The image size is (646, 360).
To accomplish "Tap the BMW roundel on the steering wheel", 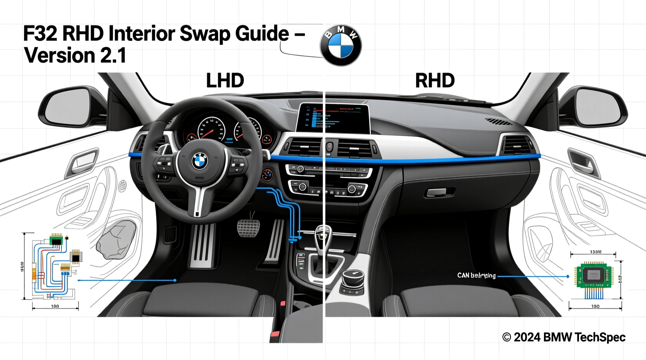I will pyautogui.click(x=200, y=161).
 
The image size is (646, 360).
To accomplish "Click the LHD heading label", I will pyautogui.click(x=225, y=81).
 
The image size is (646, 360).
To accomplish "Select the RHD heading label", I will pyautogui.click(x=435, y=81).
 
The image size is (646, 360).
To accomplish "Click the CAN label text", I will pyautogui.click(x=476, y=275).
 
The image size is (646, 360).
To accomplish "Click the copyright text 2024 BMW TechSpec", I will pyautogui.click(x=564, y=337).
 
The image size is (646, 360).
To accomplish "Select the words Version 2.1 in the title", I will pyautogui.click(x=75, y=55).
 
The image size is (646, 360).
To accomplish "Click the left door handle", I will pyautogui.click(x=83, y=161).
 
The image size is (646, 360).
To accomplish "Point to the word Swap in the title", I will pyautogui.click(x=205, y=34).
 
